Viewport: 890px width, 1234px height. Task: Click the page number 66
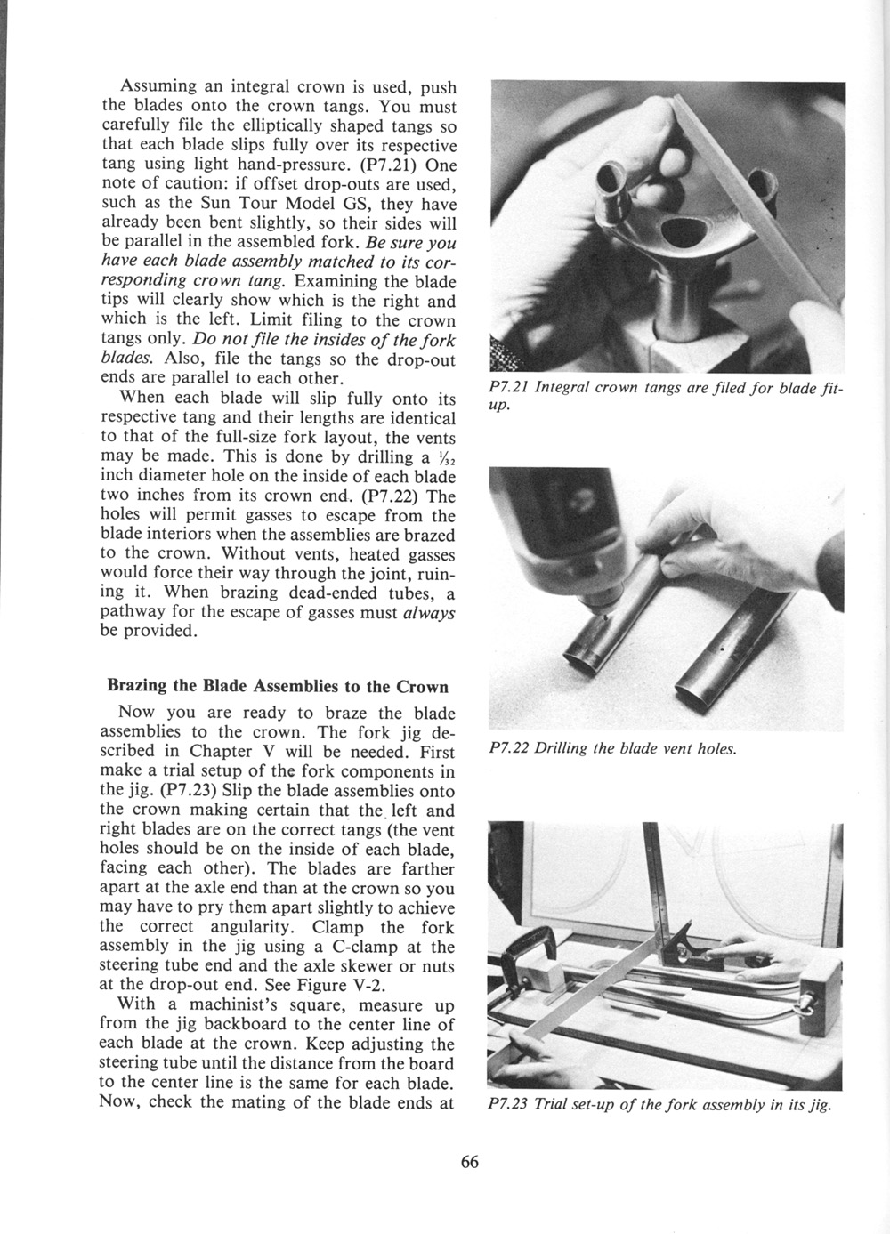(x=471, y=1162)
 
